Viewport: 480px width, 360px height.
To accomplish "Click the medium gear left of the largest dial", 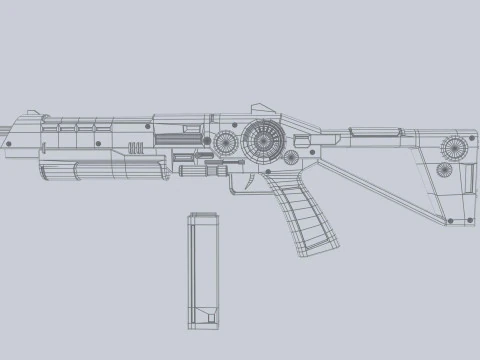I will tap(229, 143).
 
